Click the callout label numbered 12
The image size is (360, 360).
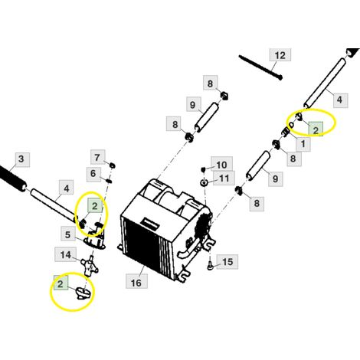(280, 55)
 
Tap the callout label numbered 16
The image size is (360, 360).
(136, 282)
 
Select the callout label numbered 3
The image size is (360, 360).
(21, 159)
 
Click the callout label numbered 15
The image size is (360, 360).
(227, 261)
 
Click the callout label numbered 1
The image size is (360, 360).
(303, 144)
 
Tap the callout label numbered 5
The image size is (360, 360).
(67, 234)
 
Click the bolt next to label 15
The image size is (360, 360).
(210, 267)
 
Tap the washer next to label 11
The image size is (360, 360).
(204, 182)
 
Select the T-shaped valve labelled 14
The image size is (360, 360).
(90, 266)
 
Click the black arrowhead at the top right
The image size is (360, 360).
(353, 52)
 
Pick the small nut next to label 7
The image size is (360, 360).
(112, 165)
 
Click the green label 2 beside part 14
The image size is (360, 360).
(61, 283)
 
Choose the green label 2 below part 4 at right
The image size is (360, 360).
(316, 129)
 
